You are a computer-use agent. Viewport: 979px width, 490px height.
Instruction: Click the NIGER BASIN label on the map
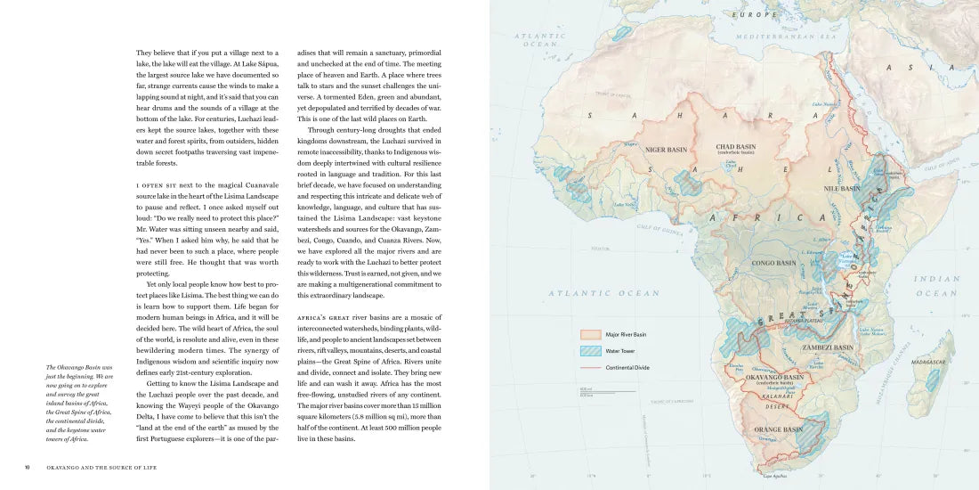tap(667, 150)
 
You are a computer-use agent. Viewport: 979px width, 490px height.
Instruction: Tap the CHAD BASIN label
tap(736, 147)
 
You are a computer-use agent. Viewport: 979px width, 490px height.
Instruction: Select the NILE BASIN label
tap(842, 189)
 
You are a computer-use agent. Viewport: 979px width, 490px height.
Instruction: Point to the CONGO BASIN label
tap(773, 264)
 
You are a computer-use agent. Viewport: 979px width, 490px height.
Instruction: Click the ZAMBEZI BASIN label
tap(827, 347)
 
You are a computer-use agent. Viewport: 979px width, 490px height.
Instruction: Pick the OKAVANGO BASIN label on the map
tap(773, 377)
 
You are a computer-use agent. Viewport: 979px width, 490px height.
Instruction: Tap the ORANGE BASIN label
tap(778, 430)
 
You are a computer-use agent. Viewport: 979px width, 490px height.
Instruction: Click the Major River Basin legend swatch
tap(591, 335)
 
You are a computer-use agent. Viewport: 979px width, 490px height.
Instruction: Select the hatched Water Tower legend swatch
tap(591, 351)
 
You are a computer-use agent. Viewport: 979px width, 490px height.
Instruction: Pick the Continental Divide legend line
tap(591, 367)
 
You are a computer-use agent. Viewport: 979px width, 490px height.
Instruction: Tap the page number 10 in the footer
tap(28, 465)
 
